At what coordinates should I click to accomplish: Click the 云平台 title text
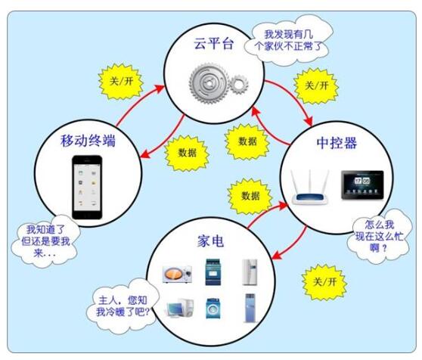[214, 43]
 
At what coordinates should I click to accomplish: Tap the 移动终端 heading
[88, 141]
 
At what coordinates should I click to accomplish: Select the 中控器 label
[337, 143]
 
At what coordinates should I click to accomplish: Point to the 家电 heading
[210, 241]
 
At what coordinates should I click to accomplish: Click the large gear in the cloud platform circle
[209, 83]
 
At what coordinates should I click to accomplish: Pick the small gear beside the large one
[239, 84]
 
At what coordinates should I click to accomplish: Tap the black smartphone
[87, 188]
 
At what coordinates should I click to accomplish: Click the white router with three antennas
[310, 188]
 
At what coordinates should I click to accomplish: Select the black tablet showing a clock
[362, 185]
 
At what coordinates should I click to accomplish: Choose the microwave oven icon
[178, 274]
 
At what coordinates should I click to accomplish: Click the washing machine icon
[213, 309]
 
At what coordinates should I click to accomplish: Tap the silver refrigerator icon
[250, 272]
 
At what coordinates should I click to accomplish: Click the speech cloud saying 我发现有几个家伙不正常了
[288, 40]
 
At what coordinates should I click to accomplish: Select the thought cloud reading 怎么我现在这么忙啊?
[380, 237]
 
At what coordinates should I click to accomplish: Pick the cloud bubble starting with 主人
[123, 306]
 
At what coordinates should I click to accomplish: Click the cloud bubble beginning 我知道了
[45, 241]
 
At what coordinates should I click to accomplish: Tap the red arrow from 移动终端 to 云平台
[136, 103]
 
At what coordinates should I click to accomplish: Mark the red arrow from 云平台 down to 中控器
[293, 97]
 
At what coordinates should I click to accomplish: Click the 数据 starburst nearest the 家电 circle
[250, 196]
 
